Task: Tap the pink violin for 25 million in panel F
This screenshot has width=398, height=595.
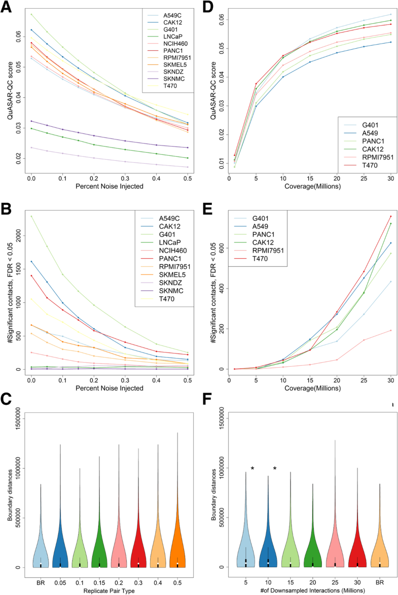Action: coord(335,550)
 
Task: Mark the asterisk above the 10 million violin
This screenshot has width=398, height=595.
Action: coord(275,468)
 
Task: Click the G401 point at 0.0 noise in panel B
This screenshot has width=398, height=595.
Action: coord(31,216)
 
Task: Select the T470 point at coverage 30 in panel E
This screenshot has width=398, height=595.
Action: coord(390,217)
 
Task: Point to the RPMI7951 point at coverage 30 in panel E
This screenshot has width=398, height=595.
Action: coord(390,330)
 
